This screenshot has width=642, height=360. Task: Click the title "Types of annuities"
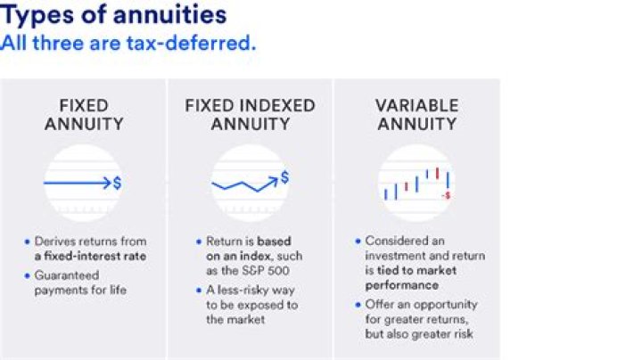click(113, 15)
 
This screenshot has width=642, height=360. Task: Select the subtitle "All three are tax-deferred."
click(128, 42)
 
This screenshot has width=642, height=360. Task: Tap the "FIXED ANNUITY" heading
click(83, 114)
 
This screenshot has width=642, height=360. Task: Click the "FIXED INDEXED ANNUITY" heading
click(250, 114)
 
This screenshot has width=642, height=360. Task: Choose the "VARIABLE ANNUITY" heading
click(416, 114)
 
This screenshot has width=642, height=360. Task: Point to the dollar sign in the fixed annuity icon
click(118, 183)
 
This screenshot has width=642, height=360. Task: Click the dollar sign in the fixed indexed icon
click(284, 176)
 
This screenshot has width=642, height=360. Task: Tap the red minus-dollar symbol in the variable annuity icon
click(446, 194)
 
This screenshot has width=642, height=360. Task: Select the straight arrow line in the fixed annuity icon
click(76, 183)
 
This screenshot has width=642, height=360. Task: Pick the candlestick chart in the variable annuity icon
click(415, 183)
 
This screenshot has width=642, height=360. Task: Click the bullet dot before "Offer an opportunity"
click(358, 305)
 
